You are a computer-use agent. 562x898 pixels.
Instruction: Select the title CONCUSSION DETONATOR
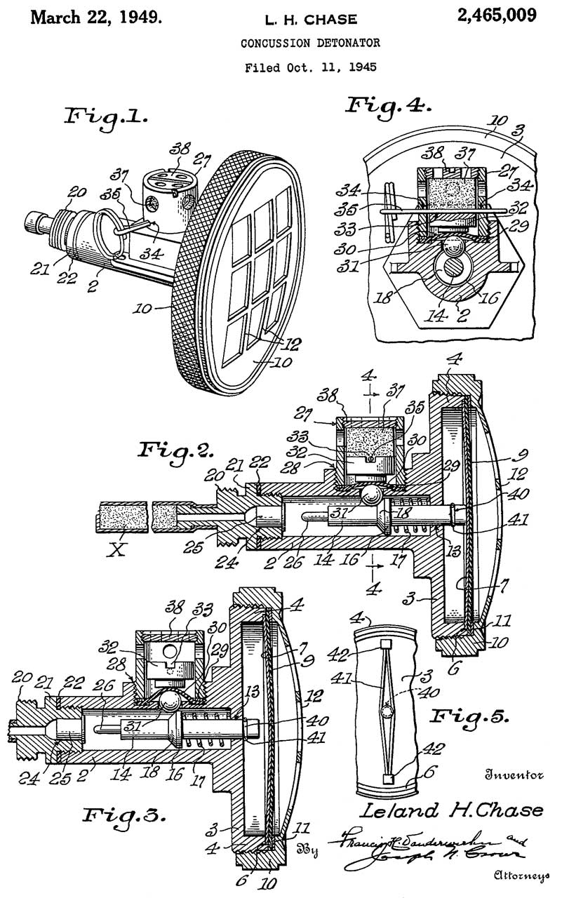(310, 43)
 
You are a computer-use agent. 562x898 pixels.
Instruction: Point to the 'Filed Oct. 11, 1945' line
(310, 68)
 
